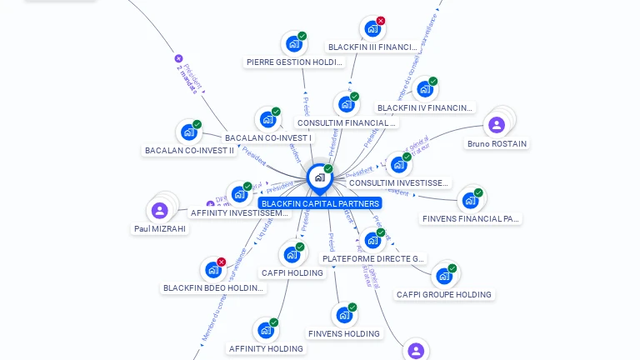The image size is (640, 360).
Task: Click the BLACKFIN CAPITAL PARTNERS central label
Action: click(x=320, y=203)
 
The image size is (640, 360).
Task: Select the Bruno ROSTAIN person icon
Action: click(x=497, y=125)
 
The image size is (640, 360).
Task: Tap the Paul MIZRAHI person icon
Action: click(x=159, y=210)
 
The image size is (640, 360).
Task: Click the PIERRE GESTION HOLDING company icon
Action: click(x=293, y=44)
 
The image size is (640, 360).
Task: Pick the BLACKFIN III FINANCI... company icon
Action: click(x=372, y=29)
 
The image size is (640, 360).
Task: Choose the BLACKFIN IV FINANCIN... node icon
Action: click(x=424, y=88)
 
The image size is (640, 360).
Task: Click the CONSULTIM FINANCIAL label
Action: click(x=347, y=122)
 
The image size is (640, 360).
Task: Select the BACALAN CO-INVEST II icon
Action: click(x=189, y=132)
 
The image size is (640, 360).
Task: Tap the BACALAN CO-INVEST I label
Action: click(x=268, y=137)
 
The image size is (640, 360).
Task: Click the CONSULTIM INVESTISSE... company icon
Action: click(x=398, y=164)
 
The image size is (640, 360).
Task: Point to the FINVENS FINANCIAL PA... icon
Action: click(x=470, y=200)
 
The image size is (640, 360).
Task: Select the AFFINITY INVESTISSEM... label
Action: click(x=239, y=212)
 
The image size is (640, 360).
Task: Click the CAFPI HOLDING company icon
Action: click(x=292, y=253)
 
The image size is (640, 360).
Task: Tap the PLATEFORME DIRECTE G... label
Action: click(x=373, y=258)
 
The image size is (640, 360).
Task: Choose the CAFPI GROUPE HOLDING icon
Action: click(x=443, y=275)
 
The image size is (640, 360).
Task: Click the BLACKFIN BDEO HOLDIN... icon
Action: click(x=213, y=270)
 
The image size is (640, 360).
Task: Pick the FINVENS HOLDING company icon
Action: click(x=343, y=315)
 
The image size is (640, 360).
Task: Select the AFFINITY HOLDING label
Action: click(x=267, y=348)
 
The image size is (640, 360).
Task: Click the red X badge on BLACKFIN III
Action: click(x=381, y=21)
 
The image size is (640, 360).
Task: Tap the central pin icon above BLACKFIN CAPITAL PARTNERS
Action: click(x=319, y=177)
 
